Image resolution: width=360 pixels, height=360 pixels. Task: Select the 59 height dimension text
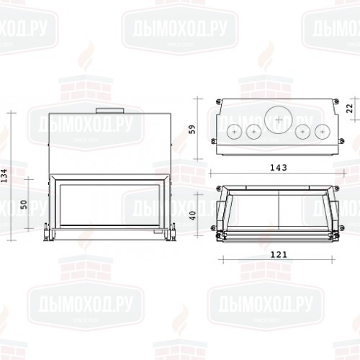[x=192, y=129]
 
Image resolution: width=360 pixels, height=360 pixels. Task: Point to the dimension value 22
[x=349, y=107]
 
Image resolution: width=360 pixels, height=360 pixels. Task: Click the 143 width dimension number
[x=277, y=168]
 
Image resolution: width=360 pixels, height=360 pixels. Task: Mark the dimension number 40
[x=192, y=215]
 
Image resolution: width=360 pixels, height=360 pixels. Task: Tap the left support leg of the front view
[x=49, y=233]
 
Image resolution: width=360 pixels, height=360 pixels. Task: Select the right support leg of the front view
[x=171, y=233]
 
